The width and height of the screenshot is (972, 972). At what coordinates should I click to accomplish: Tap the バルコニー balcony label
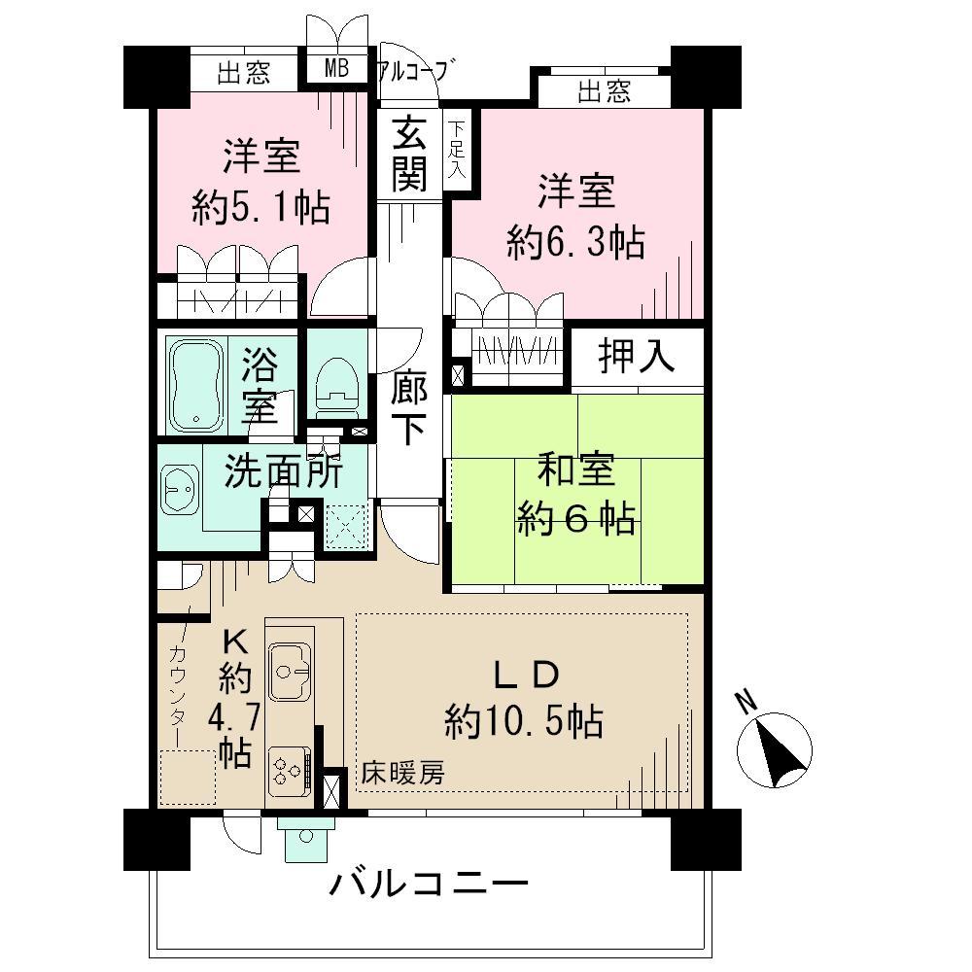coord(428,885)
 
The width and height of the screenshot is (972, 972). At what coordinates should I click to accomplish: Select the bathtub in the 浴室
coord(197,385)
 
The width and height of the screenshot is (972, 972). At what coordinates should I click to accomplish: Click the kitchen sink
coord(288,667)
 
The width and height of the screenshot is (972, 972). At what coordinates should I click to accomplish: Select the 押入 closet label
coord(636,358)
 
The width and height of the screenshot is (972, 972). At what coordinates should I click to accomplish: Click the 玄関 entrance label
coord(409,156)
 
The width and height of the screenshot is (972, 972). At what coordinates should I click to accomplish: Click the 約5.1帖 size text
coord(260,207)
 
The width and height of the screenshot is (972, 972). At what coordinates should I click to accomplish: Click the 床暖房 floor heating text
coord(402,775)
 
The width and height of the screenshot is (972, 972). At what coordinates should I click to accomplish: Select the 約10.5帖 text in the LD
coord(524,721)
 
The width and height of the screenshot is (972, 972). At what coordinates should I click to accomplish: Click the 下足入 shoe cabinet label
coord(456,149)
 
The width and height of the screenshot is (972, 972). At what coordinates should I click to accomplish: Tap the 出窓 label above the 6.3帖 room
coord(604,92)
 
